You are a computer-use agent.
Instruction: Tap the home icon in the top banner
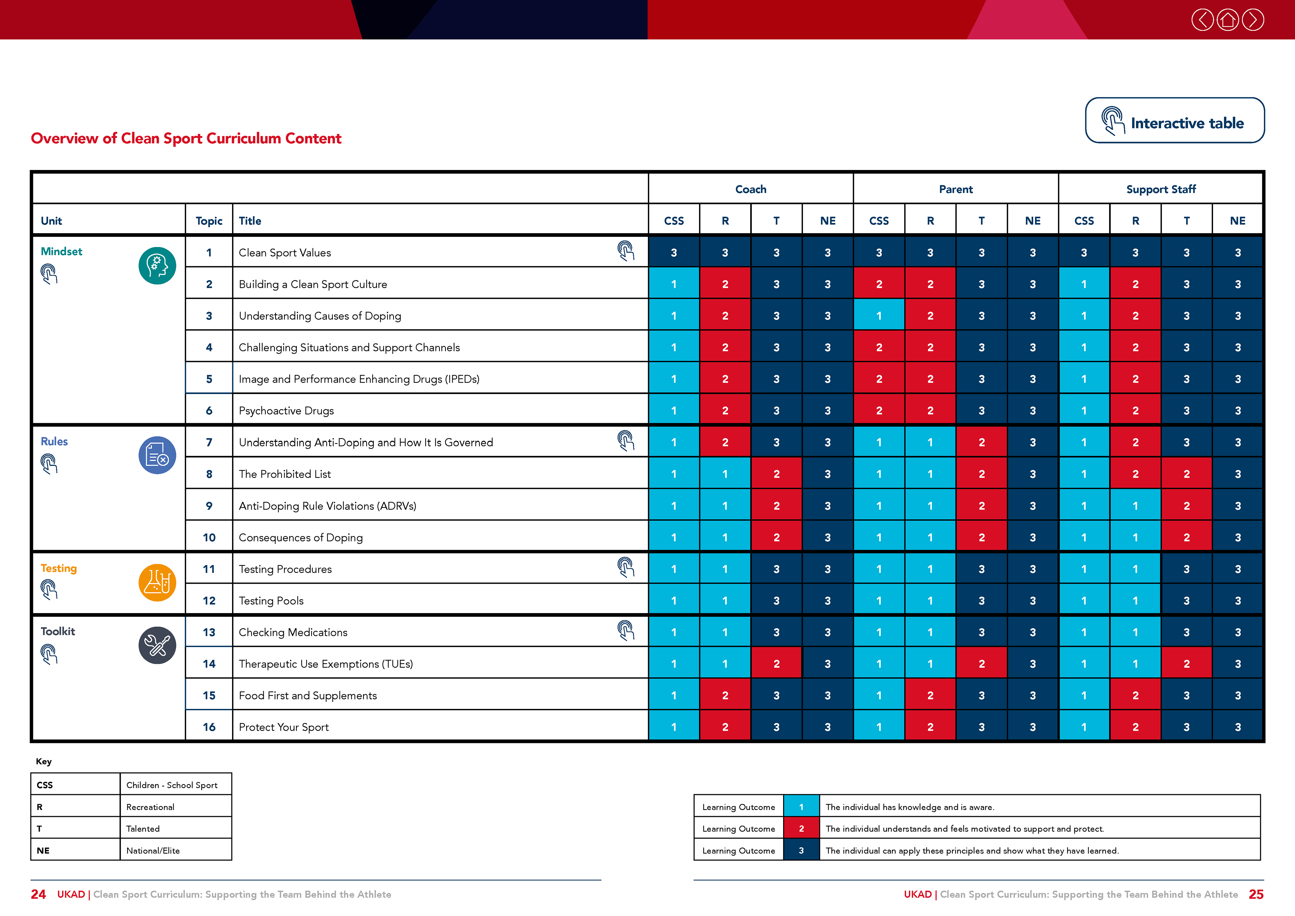(1227, 20)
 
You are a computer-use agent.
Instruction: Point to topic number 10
(209, 537)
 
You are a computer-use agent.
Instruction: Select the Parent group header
(955, 189)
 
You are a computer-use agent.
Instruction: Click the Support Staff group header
(1161, 189)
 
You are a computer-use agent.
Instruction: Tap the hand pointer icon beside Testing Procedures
(626, 567)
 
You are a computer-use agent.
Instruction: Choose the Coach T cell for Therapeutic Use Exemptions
(776, 664)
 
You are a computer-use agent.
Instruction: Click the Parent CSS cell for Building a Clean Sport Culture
(879, 284)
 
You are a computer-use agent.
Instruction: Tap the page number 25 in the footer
(1256, 894)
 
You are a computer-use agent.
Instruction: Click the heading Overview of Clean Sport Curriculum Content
(186, 138)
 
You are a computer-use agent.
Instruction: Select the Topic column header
(209, 221)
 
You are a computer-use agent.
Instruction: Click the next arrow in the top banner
(1253, 20)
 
